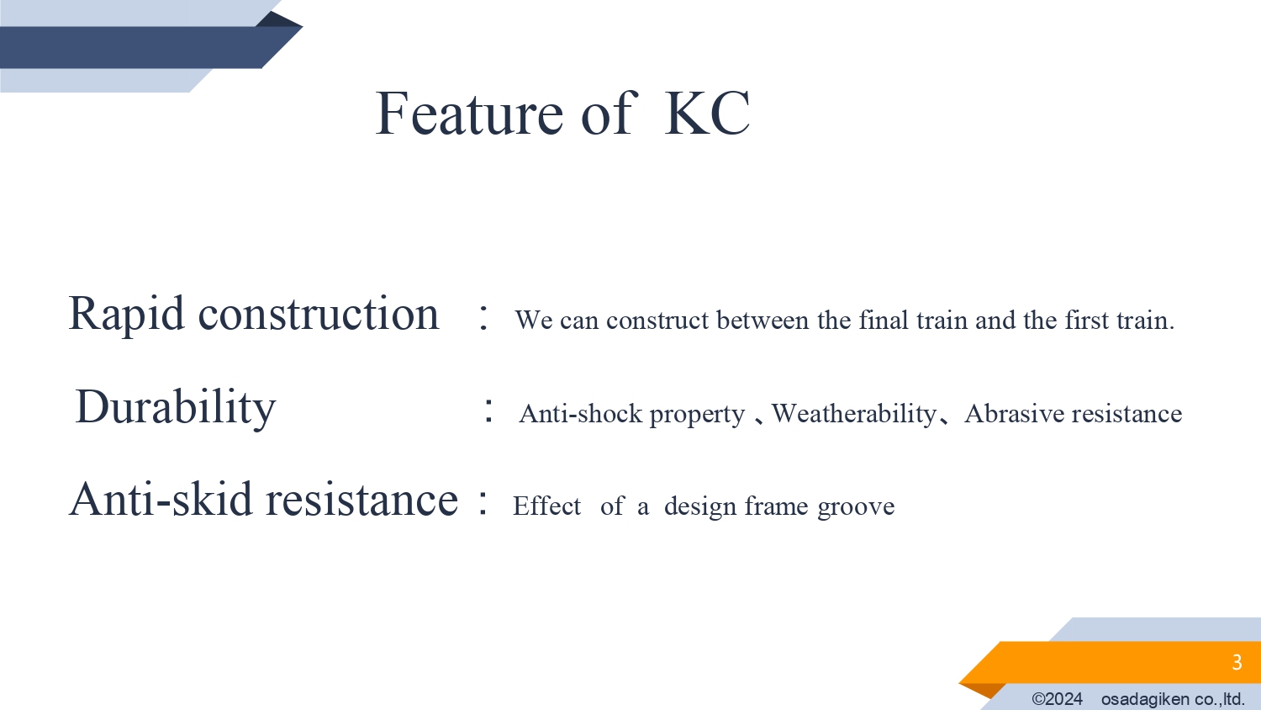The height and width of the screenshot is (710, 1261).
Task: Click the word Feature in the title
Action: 469,114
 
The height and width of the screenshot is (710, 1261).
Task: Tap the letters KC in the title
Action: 708,114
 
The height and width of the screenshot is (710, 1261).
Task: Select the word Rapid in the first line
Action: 126,315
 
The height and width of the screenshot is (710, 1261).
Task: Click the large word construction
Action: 318,313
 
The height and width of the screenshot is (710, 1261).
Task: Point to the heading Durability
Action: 175,408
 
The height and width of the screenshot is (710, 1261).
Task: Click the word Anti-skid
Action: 161,499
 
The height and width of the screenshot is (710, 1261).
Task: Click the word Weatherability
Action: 853,415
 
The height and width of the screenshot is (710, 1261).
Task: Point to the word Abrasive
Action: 1015,414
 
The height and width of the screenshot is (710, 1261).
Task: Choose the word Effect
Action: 546,506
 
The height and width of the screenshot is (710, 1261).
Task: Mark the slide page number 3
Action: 1237,662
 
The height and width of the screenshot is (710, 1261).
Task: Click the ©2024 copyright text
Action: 1058,699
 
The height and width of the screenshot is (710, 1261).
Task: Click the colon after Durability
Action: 488,410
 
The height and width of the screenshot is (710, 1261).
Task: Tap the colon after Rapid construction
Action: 483,316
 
